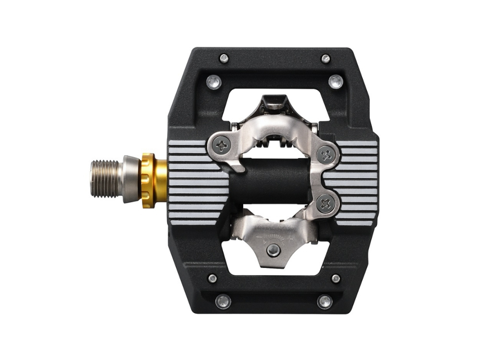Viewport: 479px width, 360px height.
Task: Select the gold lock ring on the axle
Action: [x=153, y=179]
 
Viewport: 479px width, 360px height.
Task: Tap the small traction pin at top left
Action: [x=224, y=58]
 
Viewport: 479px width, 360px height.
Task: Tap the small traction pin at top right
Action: [x=325, y=58]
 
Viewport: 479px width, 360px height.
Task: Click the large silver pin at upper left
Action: [x=214, y=81]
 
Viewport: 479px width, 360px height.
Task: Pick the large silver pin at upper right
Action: [x=336, y=81]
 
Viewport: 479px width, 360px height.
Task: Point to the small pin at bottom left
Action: [x=213, y=278]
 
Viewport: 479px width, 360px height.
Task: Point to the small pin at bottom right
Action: [x=336, y=278]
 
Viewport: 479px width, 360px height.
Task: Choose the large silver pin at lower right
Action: [x=324, y=301]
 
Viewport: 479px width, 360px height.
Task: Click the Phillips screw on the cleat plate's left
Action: [x=222, y=146]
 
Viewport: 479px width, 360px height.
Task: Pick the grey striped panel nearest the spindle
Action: [x=194, y=181]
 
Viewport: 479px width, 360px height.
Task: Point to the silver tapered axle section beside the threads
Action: [x=128, y=179]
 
